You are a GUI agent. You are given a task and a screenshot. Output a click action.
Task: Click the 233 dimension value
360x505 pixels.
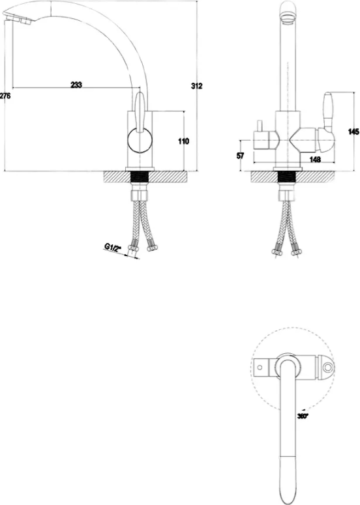tap(76, 85)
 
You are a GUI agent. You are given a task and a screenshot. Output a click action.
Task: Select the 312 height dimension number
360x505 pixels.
tap(196, 86)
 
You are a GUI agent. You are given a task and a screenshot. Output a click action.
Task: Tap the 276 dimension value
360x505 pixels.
tap(5, 96)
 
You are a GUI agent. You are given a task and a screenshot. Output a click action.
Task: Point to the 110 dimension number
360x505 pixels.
tap(184, 141)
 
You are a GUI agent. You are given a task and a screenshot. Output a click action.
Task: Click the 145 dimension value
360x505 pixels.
tap(354, 132)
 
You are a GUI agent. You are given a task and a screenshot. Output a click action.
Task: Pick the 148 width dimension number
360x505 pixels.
tap(315, 159)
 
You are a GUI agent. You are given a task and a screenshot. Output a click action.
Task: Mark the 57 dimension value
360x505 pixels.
tap(241, 156)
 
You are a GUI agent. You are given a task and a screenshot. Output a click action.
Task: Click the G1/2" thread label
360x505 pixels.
tap(112, 247)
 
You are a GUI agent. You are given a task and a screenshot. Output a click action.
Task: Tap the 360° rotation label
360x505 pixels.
tap(303, 416)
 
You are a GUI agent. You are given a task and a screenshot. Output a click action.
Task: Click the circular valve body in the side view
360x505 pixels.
tap(140, 141)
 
